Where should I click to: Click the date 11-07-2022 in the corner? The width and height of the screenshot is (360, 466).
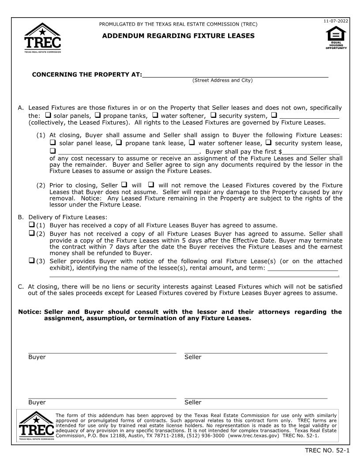coord(336,21)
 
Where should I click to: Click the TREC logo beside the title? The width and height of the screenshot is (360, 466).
coord(43,38)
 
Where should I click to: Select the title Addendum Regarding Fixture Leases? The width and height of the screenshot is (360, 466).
coord(178,36)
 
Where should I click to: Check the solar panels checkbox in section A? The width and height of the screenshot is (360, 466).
coord(48,115)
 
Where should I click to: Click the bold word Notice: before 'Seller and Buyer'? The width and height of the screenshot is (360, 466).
coord(30,312)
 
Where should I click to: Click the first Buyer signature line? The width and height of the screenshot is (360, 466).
coord(102,352)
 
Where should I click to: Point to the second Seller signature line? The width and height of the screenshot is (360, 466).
coord(256,398)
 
